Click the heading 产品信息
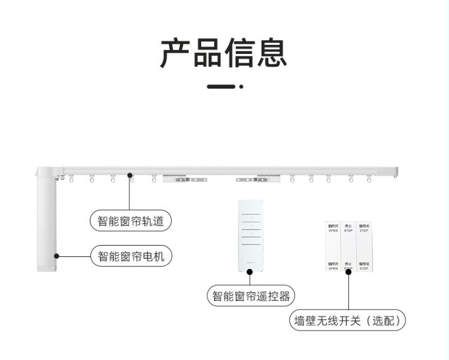[x=224, y=53]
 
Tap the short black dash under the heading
[x=221, y=87]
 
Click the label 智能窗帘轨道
[x=131, y=220]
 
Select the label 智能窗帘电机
[x=131, y=257]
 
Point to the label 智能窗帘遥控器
[x=251, y=296]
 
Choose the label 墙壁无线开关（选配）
[x=348, y=320]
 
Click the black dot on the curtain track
[x=129, y=176]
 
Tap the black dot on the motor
[x=57, y=256]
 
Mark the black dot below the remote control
[x=251, y=271]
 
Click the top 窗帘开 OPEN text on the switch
[x=333, y=228]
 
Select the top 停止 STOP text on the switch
[x=348, y=228]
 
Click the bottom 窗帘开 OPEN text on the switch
[x=333, y=265]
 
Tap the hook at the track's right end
[x=395, y=176]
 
